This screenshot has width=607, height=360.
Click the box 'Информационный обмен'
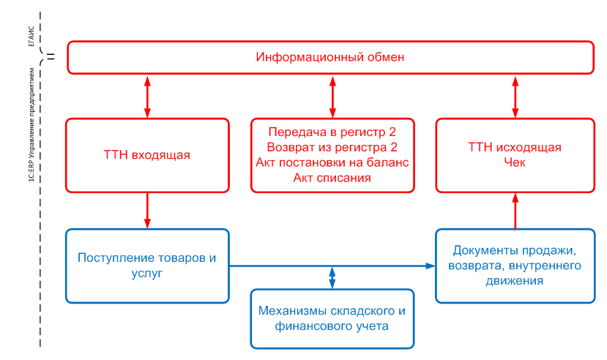pos(329,57)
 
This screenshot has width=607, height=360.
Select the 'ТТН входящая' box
pos(146,154)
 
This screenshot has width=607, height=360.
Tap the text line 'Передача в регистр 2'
pos(332,132)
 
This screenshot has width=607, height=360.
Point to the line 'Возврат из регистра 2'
pos(332,147)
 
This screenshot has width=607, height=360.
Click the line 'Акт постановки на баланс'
pos(332,162)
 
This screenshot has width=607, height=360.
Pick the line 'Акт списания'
pos(332,177)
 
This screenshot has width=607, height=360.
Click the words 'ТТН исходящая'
pos(514,148)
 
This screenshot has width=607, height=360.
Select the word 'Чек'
pos(514,162)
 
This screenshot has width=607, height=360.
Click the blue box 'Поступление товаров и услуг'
pos(146,266)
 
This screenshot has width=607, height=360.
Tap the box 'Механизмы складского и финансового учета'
pos(332,318)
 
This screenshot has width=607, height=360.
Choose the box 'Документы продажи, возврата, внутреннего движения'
pos(514,265)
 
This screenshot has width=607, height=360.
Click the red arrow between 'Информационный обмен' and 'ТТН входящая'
pos(147,95)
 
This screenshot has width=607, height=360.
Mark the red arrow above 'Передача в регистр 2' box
pos(332,95)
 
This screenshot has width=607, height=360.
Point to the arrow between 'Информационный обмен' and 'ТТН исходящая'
pos(515,95)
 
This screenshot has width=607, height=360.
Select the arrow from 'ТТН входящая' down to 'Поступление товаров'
pos(147,210)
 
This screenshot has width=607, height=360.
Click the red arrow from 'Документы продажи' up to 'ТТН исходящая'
pos(515,210)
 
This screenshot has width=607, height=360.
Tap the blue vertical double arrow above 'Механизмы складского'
pos(332,277)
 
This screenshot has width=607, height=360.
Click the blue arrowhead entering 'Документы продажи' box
pos(431,266)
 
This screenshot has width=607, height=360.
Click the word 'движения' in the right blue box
pos(514,280)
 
